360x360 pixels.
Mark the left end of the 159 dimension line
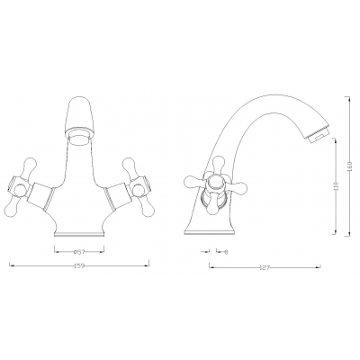pos(9,265)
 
